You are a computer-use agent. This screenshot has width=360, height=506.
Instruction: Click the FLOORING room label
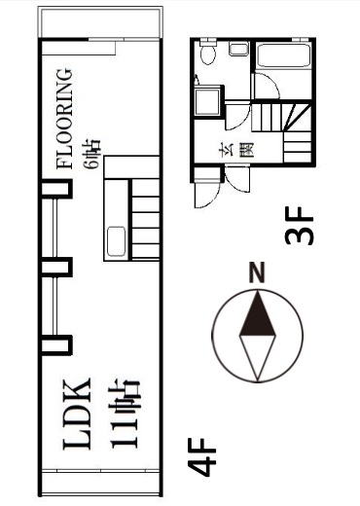point(64,119)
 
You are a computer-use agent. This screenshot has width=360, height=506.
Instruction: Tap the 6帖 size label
point(91,154)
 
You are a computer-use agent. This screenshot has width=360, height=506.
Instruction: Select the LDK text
point(77,414)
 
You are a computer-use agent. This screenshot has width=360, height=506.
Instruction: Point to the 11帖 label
point(125,414)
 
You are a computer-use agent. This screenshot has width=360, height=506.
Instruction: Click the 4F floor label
point(201,457)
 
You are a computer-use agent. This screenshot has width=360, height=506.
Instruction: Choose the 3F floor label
point(299,226)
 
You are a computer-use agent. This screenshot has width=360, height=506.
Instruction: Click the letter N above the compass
point(257,272)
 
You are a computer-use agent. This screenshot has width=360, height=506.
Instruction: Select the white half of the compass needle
point(257,357)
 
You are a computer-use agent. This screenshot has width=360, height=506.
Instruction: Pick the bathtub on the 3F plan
point(283,55)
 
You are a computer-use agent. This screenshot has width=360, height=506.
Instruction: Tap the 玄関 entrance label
point(236,151)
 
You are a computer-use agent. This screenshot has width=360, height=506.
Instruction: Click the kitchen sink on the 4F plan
point(116,241)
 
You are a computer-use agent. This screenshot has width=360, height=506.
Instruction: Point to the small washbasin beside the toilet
point(238,49)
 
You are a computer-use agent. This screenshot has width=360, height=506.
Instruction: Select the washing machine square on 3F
point(207,101)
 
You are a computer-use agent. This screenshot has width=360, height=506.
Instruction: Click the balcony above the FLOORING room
point(100,22)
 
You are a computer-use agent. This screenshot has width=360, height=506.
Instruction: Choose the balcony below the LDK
point(100,483)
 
